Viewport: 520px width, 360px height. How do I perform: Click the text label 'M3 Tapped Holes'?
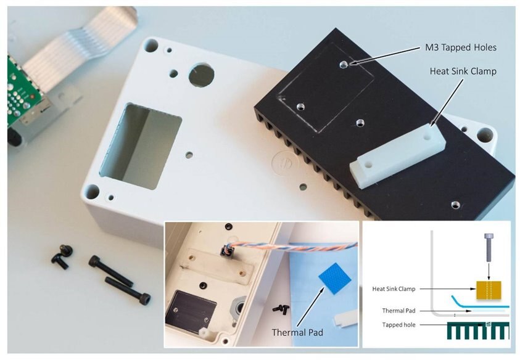pos(461,47)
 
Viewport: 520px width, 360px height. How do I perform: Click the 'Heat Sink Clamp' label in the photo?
pos(463,72)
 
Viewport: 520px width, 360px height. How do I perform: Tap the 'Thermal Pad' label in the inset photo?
pos(297,332)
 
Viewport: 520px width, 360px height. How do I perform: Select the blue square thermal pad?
pos(334,279)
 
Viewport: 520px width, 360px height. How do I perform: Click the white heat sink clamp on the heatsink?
pos(398,156)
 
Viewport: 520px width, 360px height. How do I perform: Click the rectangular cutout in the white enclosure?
pos(141,146)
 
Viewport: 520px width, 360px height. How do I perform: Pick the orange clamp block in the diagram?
pos(489,290)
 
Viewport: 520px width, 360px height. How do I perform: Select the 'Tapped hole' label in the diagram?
pos(398,325)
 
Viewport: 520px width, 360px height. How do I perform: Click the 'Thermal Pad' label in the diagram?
pos(398,311)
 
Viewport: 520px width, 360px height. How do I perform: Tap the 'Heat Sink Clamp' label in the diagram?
pos(394,288)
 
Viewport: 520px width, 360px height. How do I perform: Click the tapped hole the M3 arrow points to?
pos(344,64)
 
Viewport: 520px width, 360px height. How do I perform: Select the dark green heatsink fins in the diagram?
pos(478,330)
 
